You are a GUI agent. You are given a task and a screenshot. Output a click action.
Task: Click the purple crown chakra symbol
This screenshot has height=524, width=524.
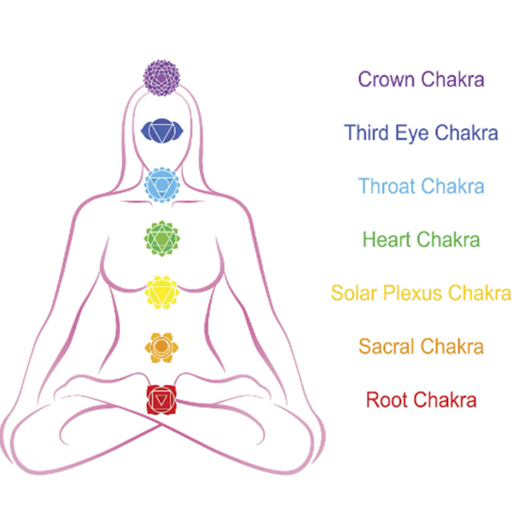point(162,78)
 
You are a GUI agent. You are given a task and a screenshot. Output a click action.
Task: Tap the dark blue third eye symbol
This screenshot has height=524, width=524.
point(162,130)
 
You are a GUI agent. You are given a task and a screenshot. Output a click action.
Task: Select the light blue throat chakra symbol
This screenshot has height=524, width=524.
point(162,185)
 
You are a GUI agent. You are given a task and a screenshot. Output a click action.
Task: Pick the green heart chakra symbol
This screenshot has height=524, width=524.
point(162,238)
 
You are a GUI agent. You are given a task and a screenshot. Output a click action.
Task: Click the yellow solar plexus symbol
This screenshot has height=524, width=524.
point(162,292)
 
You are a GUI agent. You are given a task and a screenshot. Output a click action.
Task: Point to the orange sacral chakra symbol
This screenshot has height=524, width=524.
point(161,347)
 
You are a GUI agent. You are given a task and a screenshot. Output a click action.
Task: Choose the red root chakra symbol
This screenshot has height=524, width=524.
point(161,400)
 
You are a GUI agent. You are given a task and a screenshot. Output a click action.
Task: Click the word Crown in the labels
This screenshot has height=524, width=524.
point(386,80)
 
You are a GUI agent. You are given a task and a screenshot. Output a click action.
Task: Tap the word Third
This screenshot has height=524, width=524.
point(366,133)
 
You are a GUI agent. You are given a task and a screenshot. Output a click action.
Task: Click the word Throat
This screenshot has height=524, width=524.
point(386,186)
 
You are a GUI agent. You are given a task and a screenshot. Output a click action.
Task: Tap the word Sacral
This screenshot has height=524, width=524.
point(386,346)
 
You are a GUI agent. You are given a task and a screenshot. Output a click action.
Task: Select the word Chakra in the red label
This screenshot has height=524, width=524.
point(445,400)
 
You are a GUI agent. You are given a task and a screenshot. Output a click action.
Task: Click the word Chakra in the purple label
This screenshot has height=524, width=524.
point(453,79)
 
